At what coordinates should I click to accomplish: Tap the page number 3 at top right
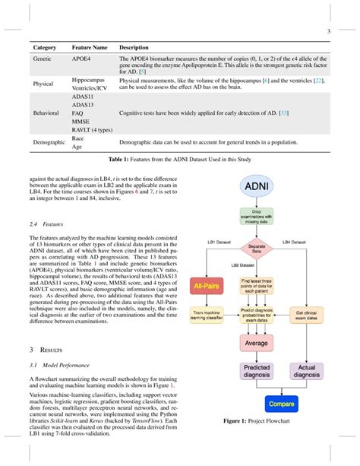[327, 30]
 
